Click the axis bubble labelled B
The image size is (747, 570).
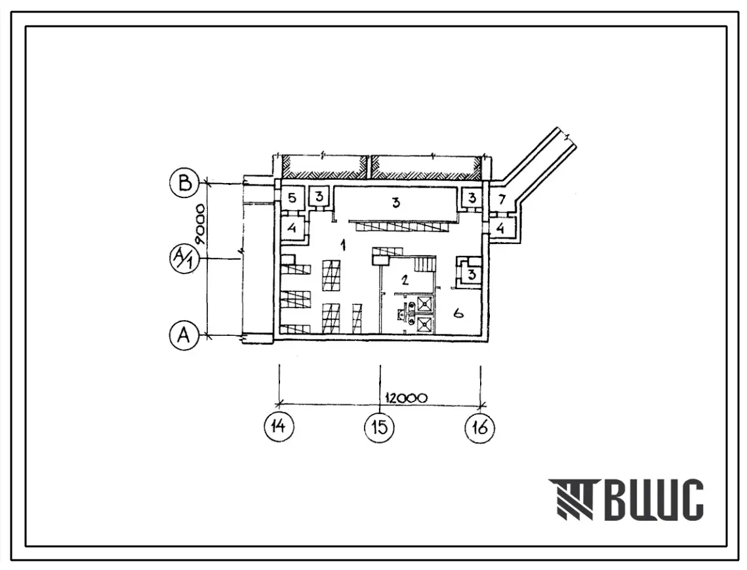184,183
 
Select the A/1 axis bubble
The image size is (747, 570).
184,259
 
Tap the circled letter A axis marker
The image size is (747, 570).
184,336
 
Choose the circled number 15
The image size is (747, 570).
379,426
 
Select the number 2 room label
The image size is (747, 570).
405,279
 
